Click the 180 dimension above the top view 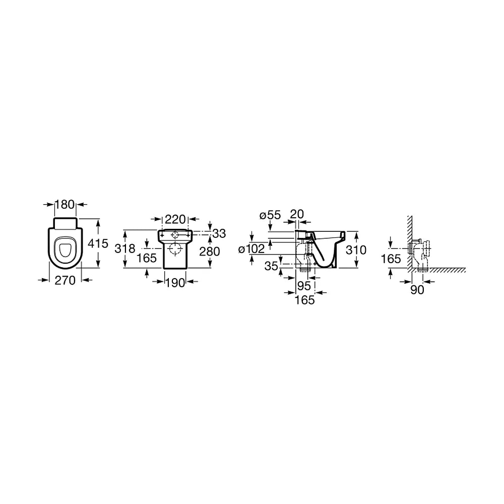pos(65,205)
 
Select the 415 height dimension pos(98,243)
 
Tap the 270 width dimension pos(65,280)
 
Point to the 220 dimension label pos(175,220)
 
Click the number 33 pos(219,234)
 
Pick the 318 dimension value pos(125,248)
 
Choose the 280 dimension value pos(210,251)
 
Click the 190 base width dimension pos(175,283)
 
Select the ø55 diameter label pos(270,215)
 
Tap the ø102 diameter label pos(251,249)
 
